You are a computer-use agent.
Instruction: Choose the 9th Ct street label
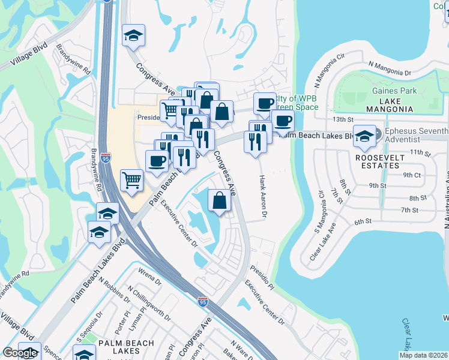(412, 175)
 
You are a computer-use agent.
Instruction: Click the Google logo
(20, 353)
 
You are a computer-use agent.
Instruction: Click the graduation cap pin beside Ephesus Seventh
(364, 137)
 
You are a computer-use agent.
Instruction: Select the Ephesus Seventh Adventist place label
(416, 136)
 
